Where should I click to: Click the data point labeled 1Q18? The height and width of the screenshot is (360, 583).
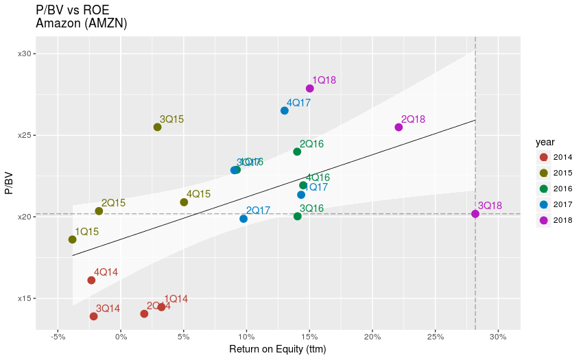310,88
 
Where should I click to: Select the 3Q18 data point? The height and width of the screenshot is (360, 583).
475,214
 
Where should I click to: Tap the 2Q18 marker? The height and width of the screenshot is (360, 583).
398,128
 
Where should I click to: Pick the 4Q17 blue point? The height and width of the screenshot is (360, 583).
285,110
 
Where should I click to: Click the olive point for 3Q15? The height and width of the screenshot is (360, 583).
157,127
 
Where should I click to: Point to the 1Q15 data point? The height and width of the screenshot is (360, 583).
72,239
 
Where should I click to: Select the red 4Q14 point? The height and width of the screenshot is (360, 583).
91,280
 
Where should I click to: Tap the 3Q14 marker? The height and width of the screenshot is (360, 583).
93,316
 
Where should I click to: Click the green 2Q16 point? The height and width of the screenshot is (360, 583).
297,152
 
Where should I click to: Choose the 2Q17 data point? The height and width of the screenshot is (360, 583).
243,219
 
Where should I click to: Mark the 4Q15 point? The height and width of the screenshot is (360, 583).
184,202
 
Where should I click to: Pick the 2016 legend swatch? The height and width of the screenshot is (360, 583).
544,189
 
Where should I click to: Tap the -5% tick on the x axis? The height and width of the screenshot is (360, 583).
58,337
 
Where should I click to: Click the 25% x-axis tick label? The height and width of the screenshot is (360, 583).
436,337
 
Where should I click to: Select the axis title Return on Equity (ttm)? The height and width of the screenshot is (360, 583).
278,350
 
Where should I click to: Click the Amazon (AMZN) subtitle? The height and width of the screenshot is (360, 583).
82,23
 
